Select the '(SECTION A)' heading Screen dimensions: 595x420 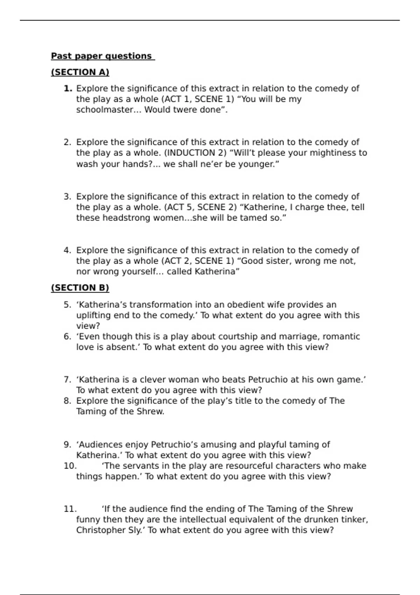(80, 72)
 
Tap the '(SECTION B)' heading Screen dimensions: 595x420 (80, 288)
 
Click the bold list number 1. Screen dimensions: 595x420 (68, 89)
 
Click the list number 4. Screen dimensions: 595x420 (68, 250)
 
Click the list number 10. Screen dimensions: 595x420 (70, 466)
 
